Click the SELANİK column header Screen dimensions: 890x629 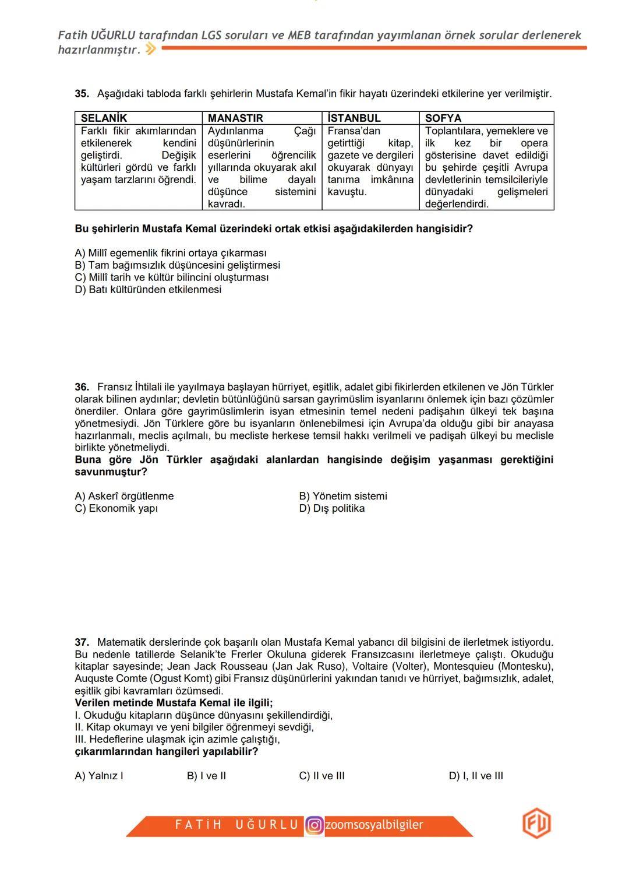104,118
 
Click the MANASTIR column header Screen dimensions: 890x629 235,118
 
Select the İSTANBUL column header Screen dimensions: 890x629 354,118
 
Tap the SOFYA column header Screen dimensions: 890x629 443,118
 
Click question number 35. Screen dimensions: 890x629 82,94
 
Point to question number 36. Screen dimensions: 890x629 82,387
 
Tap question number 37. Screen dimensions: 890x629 82,642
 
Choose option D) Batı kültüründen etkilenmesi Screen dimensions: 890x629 148,290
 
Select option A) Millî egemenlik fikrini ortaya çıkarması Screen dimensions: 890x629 171,253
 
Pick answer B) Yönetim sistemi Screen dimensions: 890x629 342,496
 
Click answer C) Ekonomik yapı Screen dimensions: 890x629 116,508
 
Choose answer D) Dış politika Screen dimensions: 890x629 331,508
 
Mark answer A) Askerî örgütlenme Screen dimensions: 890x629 124,496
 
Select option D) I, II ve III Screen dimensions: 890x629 476,776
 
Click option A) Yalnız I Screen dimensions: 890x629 99,776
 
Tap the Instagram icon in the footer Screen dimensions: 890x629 314,825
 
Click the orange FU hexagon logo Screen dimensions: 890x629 536,824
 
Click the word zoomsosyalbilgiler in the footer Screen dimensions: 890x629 374,825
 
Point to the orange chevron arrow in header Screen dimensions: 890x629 150,50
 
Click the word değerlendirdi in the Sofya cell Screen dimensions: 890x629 457,204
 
